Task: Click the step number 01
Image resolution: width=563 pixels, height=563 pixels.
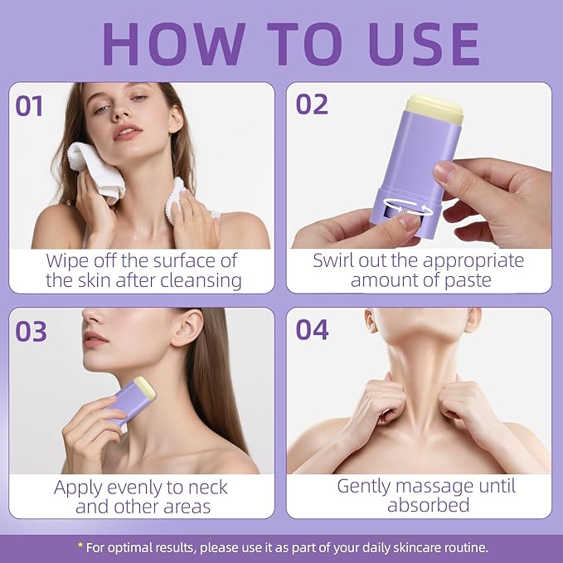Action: (29, 106)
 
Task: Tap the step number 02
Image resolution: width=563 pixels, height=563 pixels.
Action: (312, 104)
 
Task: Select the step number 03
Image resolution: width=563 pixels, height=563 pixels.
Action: (32, 332)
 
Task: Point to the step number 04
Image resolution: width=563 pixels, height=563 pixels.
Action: (312, 330)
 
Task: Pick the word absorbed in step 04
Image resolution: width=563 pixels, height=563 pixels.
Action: (429, 504)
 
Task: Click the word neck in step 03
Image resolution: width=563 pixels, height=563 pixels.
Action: (208, 488)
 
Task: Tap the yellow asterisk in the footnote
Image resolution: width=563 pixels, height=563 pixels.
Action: (80, 546)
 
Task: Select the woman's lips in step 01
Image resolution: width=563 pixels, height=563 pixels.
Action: (127, 132)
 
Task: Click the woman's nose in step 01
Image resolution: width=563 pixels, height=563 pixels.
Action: (120, 110)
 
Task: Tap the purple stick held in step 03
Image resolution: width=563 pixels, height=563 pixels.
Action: (132, 400)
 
